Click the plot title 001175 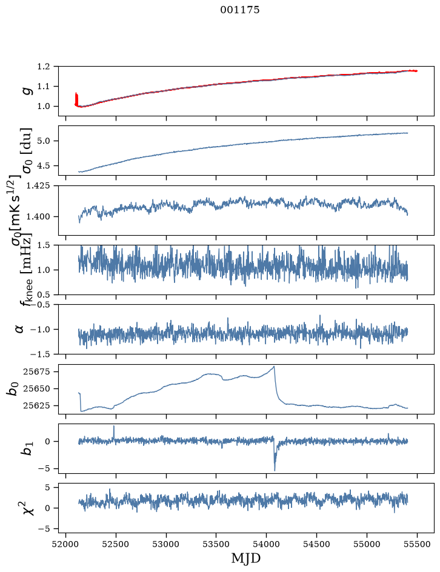(240, 10)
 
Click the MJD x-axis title (246, 559)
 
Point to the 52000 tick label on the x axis (65, 544)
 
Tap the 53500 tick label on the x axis (216, 544)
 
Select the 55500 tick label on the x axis (417, 544)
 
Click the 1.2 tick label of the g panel (43, 67)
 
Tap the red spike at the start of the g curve (76, 99)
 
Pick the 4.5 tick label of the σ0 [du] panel (43, 165)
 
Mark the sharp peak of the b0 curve (273, 366)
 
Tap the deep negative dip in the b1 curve (275, 470)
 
